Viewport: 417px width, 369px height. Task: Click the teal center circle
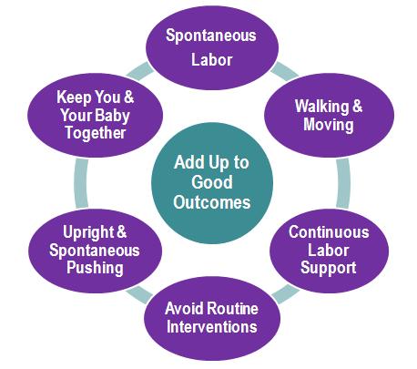click(x=212, y=183)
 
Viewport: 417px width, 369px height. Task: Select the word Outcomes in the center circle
click(x=212, y=202)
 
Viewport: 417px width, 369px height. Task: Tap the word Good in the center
click(x=212, y=182)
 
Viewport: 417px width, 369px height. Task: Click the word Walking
click(x=322, y=107)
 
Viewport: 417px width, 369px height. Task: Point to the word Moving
click(x=329, y=125)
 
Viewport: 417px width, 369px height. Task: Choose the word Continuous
click(x=329, y=232)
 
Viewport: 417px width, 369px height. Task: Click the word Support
click(x=328, y=269)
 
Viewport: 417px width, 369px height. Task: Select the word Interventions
click(x=212, y=327)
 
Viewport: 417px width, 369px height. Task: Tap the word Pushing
click(x=95, y=268)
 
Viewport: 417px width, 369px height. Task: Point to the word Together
click(x=96, y=133)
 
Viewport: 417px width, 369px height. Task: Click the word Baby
click(x=115, y=116)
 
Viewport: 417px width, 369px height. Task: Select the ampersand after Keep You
click(x=128, y=97)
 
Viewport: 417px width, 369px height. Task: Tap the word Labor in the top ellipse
click(x=212, y=59)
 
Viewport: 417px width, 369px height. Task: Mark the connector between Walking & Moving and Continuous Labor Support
click(x=343, y=183)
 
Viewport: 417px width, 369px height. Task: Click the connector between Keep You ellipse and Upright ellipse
click(x=81, y=183)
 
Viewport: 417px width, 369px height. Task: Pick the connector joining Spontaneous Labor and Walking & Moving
click(x=284, y=72)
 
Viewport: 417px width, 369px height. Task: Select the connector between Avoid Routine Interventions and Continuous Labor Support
click(x=285, y=293)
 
